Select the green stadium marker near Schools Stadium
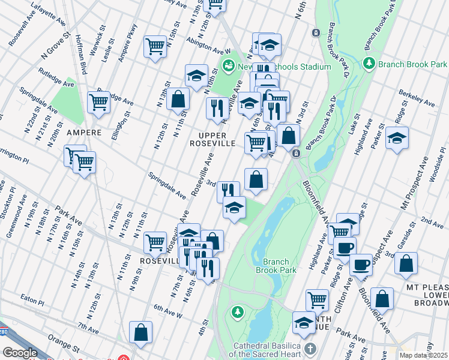[228, 65]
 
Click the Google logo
[20, 353]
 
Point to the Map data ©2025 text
[424, 355]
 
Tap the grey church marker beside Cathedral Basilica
[310, 349]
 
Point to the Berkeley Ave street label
[418, 98]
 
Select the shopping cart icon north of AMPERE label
[98, 102]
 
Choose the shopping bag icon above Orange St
[140, 333]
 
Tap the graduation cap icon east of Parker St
[397, 139]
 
